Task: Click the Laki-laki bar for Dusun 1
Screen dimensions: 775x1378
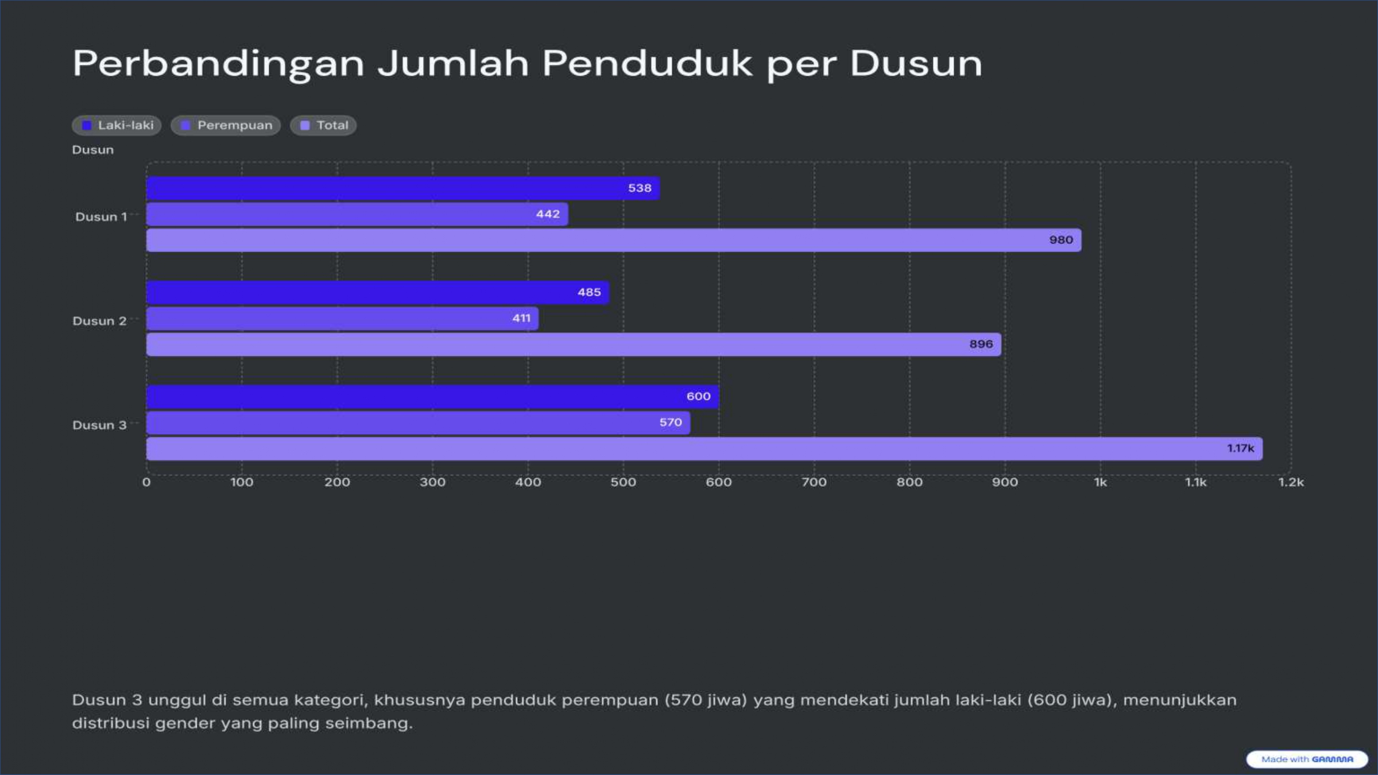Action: click(402, 188)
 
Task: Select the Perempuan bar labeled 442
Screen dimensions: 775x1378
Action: click(356, 214)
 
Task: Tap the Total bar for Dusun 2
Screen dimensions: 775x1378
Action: click(574, 344)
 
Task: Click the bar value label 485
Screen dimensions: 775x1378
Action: click(589, 292)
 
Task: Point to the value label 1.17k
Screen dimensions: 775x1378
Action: click(1240, 448)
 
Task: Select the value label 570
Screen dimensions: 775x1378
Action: click(670, 423)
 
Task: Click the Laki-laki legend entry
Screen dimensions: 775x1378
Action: click(117, 125)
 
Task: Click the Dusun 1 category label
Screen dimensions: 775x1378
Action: click(100, 217)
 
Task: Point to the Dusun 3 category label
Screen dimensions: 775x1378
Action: click(99, 425)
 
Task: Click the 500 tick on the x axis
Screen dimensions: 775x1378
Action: click(623, 482)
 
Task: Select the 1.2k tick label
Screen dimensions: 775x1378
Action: click(1291, 482)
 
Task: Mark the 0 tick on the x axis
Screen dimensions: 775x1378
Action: click(146, 482)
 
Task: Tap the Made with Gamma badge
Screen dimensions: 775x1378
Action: click(1307, 759)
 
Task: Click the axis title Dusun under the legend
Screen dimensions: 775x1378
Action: click(92, 150)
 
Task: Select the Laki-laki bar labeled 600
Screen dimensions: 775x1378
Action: click(431, 397)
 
